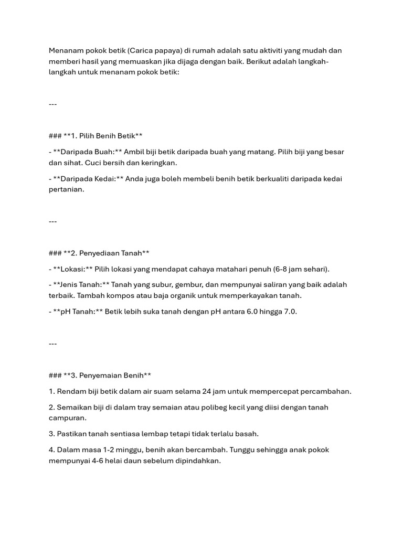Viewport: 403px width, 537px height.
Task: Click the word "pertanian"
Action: coord(67,189)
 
